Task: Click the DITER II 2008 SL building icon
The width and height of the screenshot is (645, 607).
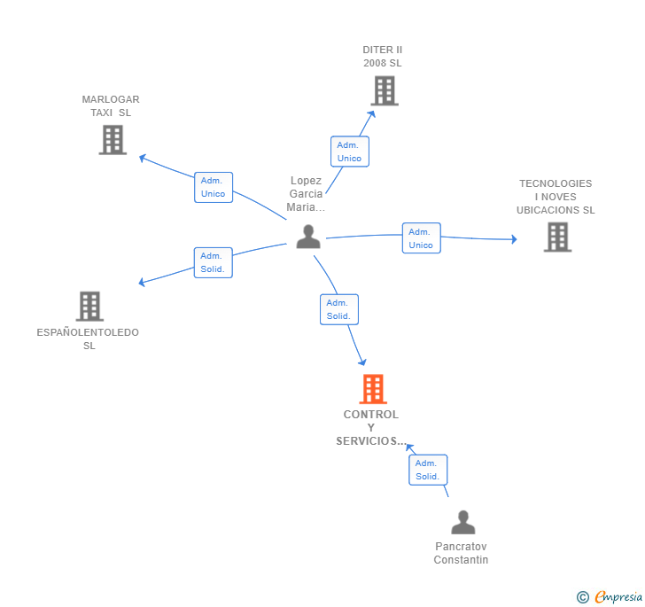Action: point(384,90)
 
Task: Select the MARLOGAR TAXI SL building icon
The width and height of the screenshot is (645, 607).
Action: point(113,139)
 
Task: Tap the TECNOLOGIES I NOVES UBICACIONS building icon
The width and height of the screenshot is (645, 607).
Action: point(557,237)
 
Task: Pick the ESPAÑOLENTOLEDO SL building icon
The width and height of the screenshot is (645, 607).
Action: point(89,306)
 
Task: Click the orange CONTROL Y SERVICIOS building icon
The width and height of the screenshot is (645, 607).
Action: point(373,388)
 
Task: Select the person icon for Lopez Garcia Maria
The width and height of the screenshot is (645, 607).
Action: point(308,237)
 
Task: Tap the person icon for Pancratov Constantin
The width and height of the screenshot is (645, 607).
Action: point(462,522)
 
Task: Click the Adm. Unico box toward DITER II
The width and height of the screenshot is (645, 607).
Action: point(349,152)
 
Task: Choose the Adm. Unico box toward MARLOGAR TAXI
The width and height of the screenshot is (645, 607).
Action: point(213,187)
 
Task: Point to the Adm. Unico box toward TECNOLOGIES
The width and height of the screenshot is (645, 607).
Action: point(421,238)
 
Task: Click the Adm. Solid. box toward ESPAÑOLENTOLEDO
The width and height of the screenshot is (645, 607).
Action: point(213,262)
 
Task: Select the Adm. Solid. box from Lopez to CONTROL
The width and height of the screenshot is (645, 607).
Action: point(338,309)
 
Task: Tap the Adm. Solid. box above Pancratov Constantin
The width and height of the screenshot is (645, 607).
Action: point(427,470)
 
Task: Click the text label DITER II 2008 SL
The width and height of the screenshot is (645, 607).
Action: point(383,57)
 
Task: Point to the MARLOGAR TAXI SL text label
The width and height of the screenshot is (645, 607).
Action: point(111,106)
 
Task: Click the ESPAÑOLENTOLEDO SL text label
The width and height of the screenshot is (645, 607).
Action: point(89,339)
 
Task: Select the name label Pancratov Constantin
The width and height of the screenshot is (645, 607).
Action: point(462,553)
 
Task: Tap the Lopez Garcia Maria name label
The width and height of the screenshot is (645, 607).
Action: point(306,194)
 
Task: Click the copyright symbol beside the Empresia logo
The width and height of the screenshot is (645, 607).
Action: point(582,597)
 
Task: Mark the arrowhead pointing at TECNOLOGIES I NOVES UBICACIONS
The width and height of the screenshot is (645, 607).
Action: point(512,239)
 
